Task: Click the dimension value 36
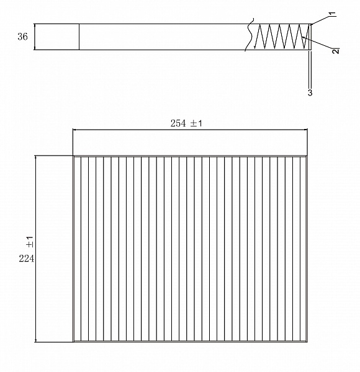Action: click(x=22, y=37)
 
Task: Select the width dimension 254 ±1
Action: click(x=187, y=123)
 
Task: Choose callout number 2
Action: click(x=335, y=51)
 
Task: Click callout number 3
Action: click(x=310, y=92)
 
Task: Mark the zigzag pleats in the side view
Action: click(x=282, y=37)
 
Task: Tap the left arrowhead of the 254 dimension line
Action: click(x=76, y=130)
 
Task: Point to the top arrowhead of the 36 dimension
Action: click(x=35, y=26)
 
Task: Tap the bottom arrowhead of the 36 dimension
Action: click(x=35, y=47)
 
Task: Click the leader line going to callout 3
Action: click(x=310, y=71)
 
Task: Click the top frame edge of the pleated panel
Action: click(x=190, y=156)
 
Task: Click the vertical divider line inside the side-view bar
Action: click(x=79, y=37)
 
